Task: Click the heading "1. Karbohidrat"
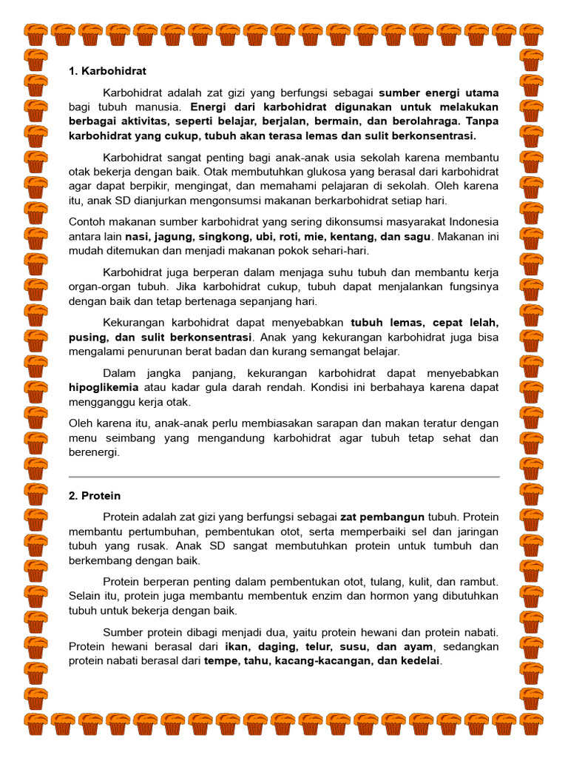107,71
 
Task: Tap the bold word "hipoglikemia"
104,387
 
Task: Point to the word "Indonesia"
471,221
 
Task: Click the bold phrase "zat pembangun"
382,517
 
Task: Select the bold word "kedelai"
418,660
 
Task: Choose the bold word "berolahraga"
411,121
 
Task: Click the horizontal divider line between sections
284,477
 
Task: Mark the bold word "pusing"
84,337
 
